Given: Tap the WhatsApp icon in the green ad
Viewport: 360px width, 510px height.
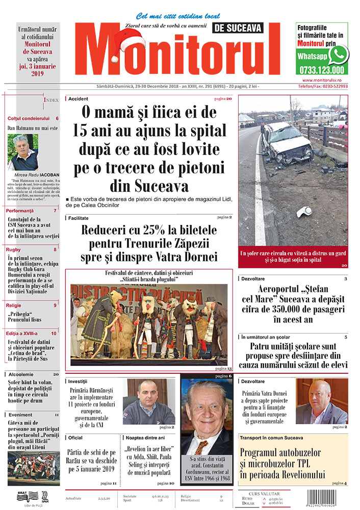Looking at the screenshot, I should click(338, 54).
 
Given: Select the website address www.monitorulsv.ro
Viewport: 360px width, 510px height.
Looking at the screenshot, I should click(325, 80).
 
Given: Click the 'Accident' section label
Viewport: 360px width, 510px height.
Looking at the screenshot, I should click(79, 98).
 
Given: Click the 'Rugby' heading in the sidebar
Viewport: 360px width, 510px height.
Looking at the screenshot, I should click(14, 249).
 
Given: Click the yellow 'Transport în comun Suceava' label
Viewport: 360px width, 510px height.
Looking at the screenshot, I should click(272, 438).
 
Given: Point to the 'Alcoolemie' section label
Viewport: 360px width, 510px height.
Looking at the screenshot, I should click(21, 374).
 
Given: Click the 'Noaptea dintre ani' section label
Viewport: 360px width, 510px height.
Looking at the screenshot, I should click(145, 438).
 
